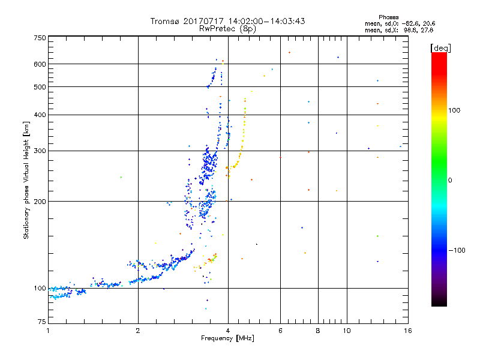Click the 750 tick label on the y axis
tap(40, 38)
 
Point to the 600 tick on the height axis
tap(40, 64)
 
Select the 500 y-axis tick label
tap(40, 87)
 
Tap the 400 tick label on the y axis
tap(40, 115)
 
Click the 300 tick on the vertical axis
tap(40, 151)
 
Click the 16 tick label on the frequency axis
tap(407, 331)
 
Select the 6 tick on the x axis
tap(280, 331)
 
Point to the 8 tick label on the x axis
tap(318, 331)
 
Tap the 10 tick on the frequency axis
tap(346, 331)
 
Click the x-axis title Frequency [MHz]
tap(227, 339)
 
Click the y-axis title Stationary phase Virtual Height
tap(26, 180)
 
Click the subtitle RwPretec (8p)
tap(228, 28)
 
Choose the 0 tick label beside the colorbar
tap(451, 181)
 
